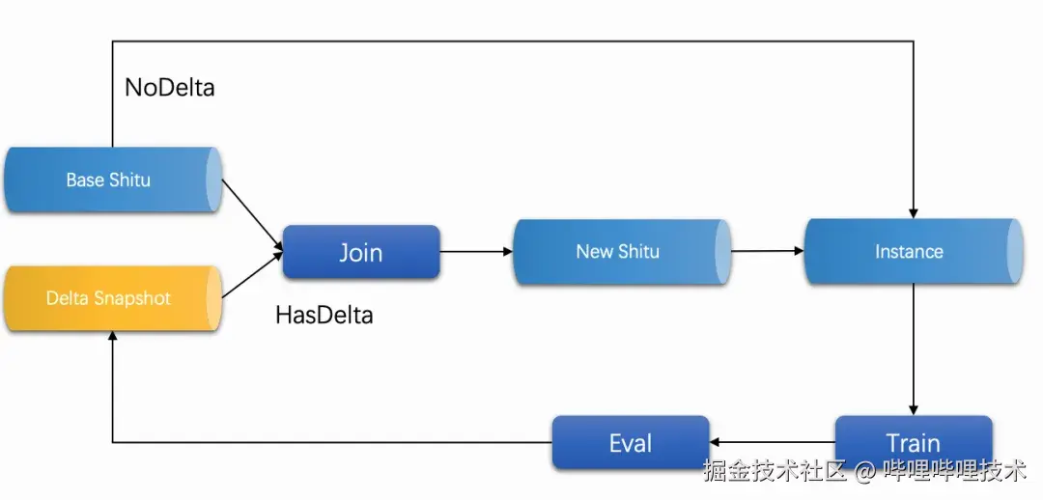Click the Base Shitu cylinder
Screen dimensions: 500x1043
coord(112,180)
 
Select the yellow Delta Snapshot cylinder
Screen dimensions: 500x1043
coord(112,298)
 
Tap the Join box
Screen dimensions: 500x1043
coord(361,253)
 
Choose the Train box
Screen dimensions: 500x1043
coord(913,443)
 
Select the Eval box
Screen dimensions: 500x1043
coord(630,443)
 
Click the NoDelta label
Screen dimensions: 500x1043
coord(170,88)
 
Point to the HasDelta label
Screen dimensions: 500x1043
coord(324,315)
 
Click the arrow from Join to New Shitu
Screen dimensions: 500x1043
coord(476,253)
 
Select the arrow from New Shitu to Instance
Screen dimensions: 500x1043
coord(767,252)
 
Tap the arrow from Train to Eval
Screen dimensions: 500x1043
coord(772,443)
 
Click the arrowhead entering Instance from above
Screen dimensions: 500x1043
coord(913,211)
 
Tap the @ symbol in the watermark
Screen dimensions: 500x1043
coord(867,471)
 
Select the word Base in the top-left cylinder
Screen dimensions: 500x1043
coord(84,180)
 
